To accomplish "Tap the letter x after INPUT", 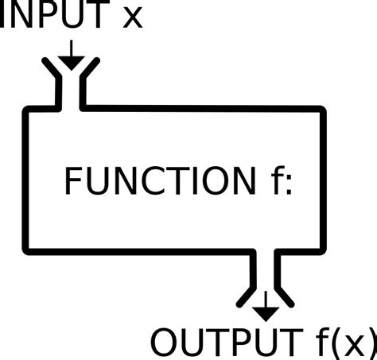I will tap(132, 17).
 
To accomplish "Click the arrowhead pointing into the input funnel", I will tap(71, 61).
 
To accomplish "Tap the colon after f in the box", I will tap(288, 185).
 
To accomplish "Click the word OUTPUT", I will tap(223, 343).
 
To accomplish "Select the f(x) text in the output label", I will tap(341, 343).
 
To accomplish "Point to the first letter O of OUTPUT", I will tap(165, 343).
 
